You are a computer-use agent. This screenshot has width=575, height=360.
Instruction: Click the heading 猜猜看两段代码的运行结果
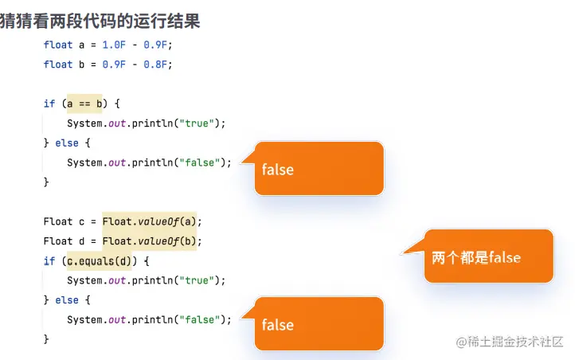(x=100, y=21)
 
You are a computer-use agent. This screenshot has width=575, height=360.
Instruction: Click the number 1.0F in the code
(x=114, y=45)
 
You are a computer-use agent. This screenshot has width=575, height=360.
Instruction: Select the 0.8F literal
(x=155, y=65)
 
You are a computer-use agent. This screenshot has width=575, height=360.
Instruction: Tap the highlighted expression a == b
(x=84, y=104)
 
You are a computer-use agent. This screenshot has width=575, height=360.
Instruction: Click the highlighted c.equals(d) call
(x=99, y=261)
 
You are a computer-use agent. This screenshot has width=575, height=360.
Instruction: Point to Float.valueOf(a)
(x=149, y=221)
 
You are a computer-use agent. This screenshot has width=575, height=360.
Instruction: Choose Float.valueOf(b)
(x=149, y=241)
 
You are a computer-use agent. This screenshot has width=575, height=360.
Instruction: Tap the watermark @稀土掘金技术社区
(x=510, y=342)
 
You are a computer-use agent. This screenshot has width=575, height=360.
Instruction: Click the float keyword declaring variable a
(x=58, y=45)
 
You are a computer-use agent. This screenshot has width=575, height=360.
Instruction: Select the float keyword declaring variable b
(x=58, y=65)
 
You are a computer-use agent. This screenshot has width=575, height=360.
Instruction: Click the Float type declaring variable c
(x=58, y=221)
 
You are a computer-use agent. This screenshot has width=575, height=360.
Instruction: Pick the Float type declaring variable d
(x=58, y=241)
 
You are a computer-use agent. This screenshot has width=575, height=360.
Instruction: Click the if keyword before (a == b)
(x=49, y=104)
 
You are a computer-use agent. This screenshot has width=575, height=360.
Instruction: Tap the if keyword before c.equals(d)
(x=49, y=261)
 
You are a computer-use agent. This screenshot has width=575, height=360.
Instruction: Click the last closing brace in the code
(x=46, y=339)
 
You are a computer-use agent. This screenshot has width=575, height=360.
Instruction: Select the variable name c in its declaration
(x=81, y=222)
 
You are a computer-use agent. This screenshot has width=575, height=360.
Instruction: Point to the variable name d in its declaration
(x=81, y=241)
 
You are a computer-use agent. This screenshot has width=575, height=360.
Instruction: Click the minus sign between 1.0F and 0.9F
(x=135, y=45)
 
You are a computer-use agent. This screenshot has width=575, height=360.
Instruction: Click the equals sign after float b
(x=93, y=65)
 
